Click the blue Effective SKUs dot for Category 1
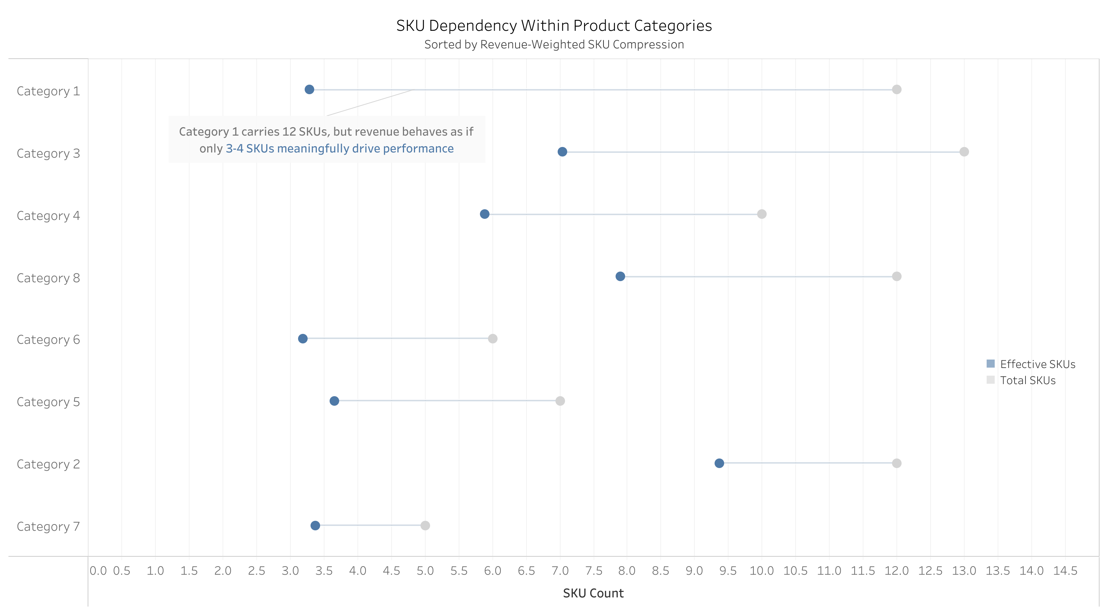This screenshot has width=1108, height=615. pos(309,89)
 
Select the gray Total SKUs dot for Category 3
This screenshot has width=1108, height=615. pos(964,152)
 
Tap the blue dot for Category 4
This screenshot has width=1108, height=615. pos(484,214)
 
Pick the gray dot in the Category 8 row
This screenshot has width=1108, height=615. pos(896,277)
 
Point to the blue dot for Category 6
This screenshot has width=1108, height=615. pos(303,338)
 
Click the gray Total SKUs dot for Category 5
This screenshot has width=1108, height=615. pos(559,401)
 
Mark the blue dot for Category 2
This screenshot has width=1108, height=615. pos(719,463)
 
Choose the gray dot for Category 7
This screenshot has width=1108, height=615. pos(425,526)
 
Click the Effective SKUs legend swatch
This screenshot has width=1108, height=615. pos(991,364)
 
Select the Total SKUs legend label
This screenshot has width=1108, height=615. pos(1028,380)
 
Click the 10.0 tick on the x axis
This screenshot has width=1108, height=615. pos(761,571)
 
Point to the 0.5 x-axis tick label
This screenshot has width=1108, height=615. pos(122,571)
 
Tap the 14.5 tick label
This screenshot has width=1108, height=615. pos(1065,571)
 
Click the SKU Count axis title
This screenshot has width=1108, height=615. pos(593,593)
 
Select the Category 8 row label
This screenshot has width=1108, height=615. pos(48,278)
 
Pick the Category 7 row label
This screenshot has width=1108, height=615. pos(48,526)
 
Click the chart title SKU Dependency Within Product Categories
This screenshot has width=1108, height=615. pos(554,26)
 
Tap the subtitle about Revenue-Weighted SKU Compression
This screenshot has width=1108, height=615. pos(554,44)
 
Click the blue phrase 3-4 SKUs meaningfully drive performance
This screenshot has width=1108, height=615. pos(340,148)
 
